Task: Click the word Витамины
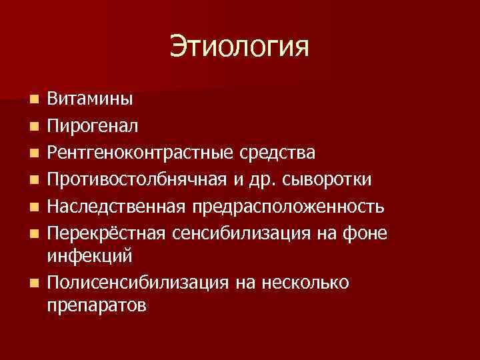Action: (90, 99)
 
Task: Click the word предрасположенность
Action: (289, 206)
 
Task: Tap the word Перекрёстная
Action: (107, 233)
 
